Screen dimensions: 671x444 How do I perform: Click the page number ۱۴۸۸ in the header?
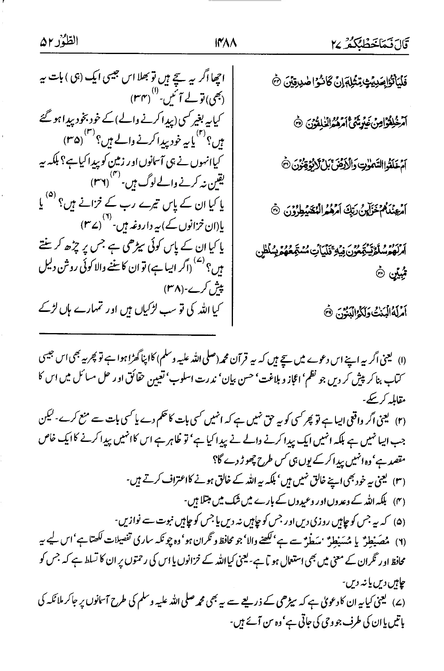pos(222,42)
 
